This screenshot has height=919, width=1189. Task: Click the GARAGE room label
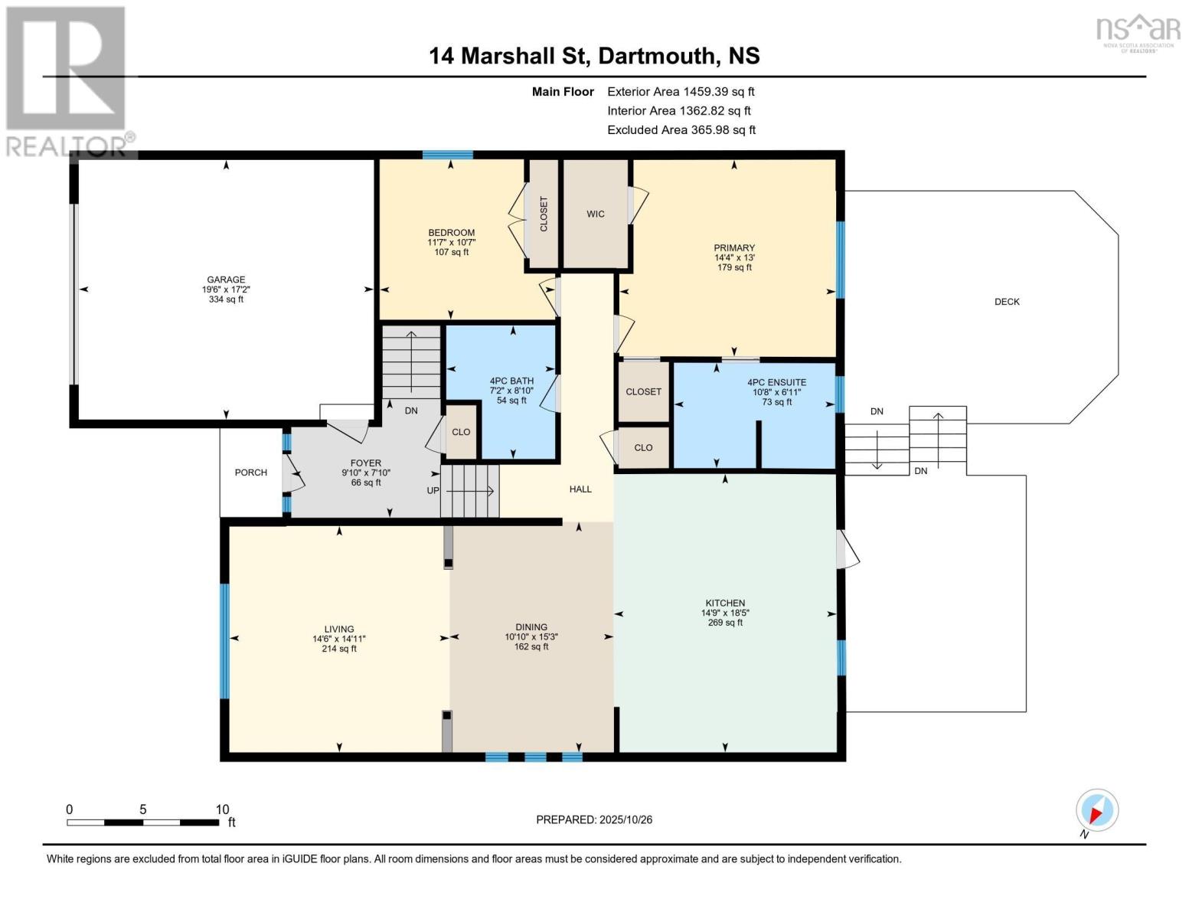coord(226,280)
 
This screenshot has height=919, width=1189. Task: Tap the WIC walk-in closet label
coord(596,214)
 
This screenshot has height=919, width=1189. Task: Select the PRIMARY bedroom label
coord(734,247)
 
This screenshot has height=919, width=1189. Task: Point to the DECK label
coord(1007,302)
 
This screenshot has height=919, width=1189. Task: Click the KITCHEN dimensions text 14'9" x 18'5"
coord(725,613)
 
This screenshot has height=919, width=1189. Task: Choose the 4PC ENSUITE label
coord(776,382)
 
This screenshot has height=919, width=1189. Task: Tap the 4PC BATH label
coord(511,381)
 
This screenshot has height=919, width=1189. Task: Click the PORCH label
coord(250,473)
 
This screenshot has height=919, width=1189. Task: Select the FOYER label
coord(366,463)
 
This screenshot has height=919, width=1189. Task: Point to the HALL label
coord(580,489)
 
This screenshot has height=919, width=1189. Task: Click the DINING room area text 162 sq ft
coord(531,647)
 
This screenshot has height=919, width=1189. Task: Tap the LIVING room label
coord(338,629)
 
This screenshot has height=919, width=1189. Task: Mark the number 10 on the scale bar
coord(222,809)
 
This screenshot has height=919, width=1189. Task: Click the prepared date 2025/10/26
coord(626,819)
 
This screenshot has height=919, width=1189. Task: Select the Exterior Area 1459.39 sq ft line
coord(681,91)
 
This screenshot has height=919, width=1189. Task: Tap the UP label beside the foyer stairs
coord(433,490)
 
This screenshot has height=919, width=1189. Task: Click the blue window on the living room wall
coord(224,641)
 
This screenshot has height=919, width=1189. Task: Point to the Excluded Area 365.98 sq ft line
coord(681,129)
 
